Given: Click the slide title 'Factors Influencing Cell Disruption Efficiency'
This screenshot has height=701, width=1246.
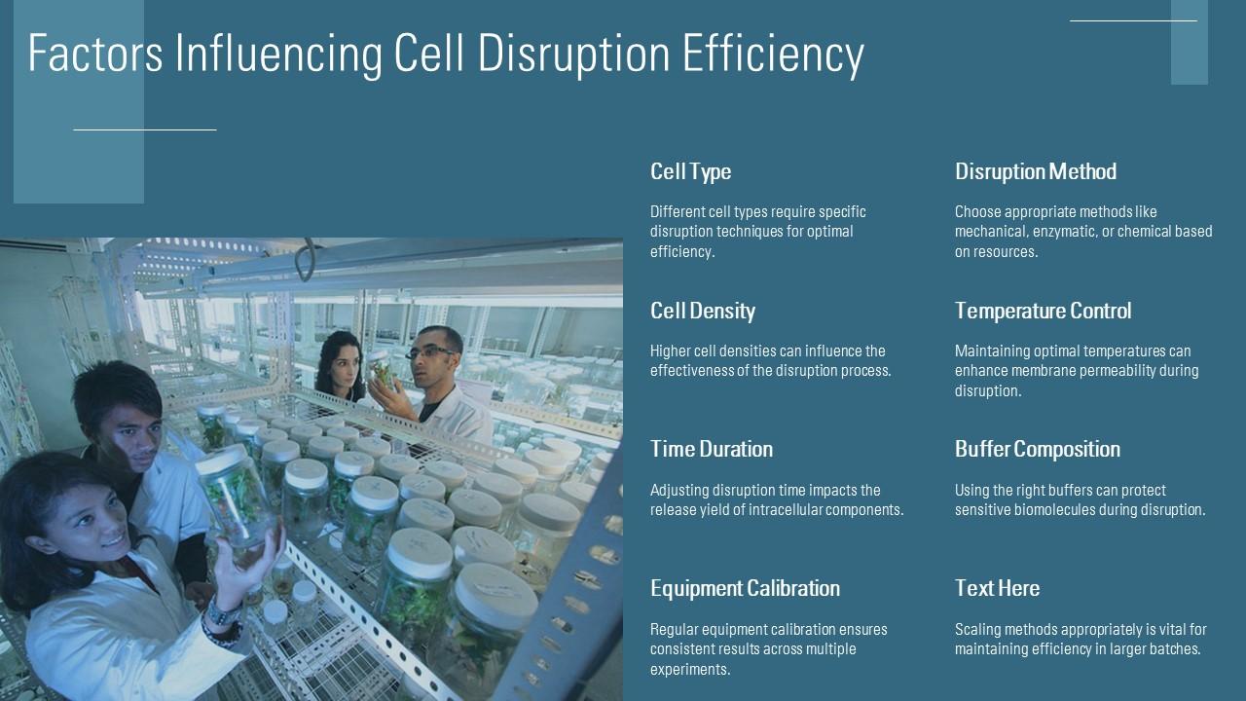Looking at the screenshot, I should (x=446, y=54).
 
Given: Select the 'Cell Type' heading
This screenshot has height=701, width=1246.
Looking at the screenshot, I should (x=690, y=171).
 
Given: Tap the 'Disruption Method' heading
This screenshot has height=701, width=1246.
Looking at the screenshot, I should (x=1035, y=171).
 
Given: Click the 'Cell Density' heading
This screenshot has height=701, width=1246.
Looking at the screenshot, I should (x=702, y=311).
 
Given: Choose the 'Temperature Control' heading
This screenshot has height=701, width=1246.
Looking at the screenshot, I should (x=1043, y=311).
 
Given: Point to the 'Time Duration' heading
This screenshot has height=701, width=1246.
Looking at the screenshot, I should (x=711, y=449).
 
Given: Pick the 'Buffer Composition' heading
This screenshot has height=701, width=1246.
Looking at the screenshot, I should (x=1037, y=449).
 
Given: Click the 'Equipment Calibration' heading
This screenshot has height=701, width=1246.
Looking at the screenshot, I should (x=745, y=588).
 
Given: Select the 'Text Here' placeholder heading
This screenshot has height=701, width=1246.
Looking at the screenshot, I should (x=997, y=588).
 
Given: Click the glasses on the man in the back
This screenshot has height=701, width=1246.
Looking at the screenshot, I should (x=432, y=351).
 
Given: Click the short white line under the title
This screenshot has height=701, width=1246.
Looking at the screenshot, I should (x=145, y=129).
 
